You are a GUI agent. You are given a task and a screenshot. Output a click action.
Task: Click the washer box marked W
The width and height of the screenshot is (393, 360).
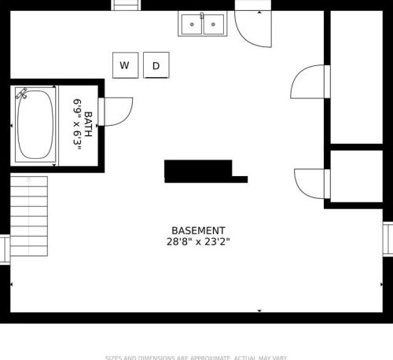124,65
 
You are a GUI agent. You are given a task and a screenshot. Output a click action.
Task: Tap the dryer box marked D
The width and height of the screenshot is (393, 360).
156,65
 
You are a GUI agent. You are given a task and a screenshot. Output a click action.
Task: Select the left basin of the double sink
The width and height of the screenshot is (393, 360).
191,25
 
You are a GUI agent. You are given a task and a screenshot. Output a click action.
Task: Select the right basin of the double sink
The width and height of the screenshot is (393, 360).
213,25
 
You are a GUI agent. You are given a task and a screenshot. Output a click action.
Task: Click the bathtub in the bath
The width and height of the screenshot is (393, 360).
35,125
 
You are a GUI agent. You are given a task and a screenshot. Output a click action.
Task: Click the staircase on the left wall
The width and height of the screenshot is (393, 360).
28,216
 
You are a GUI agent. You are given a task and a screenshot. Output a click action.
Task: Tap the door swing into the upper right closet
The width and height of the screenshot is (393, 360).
310,83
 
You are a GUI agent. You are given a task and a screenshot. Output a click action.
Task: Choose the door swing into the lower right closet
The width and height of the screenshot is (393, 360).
310,183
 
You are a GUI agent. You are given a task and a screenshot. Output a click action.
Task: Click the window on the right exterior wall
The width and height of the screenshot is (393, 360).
387,239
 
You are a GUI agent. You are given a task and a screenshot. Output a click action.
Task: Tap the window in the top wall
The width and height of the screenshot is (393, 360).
126,5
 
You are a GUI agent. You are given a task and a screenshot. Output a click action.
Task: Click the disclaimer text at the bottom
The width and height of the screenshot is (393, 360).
196,357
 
